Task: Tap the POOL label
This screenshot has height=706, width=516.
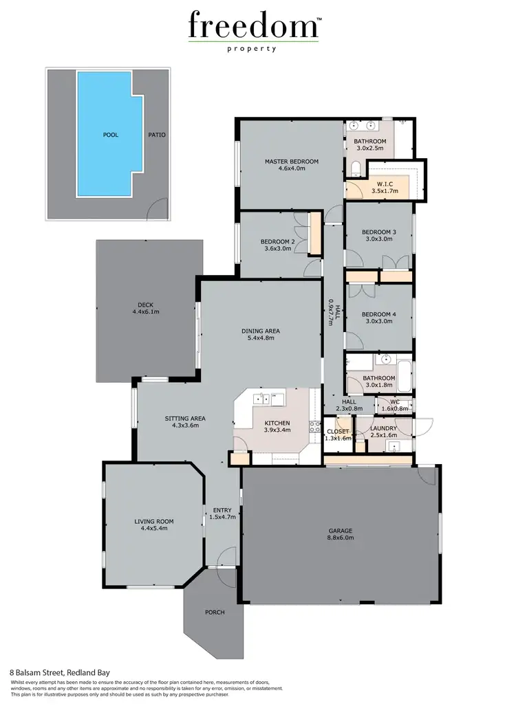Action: [110, 135]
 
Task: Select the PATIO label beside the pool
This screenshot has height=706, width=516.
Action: [156, 135]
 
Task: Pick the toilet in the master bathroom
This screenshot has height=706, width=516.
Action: [355, 169]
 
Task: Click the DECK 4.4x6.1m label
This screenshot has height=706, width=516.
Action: [145, 307]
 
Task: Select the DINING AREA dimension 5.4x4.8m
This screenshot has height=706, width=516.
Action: [260, 338]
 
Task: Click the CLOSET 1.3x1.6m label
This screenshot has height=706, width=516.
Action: [338, 434]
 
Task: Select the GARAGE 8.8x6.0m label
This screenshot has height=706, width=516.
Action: [340, 534]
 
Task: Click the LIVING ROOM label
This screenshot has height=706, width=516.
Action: [153, 525]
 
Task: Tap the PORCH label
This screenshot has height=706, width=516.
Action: [215, 612]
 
